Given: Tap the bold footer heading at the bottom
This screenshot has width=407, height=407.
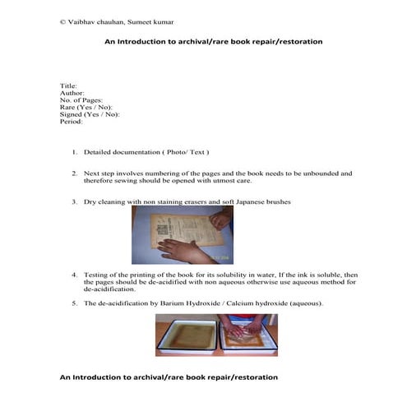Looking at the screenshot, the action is (x=169, y=377).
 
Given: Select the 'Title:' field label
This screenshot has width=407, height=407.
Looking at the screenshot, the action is (x=68, y=86).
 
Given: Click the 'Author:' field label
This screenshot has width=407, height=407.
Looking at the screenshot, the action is (x=72, y=93).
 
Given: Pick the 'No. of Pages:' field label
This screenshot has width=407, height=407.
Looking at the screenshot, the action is (x=81, y=100).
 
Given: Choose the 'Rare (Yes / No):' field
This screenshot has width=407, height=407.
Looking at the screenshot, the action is (x=86, y=108).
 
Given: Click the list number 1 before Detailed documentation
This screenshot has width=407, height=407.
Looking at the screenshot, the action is (x=74, y=152).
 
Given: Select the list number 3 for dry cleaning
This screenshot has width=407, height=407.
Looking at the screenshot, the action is (x=74, y=201).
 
